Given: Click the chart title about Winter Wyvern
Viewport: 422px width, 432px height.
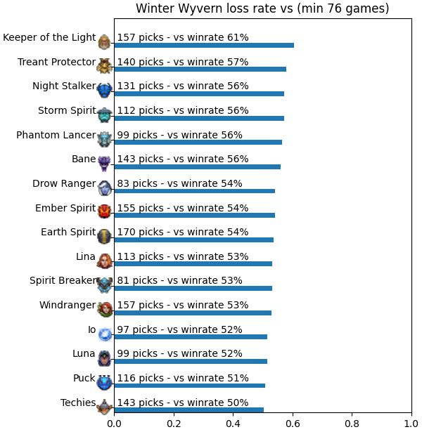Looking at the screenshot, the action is coord(262,8).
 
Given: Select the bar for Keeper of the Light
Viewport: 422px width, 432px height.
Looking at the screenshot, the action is coord(204,45).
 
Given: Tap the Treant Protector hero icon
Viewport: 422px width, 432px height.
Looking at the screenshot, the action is coord(105,65).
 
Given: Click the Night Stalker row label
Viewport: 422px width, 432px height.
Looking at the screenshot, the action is coord(64,86).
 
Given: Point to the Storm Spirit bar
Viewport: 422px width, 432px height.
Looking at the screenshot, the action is coord(199,119).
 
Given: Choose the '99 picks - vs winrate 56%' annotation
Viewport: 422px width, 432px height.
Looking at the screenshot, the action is coord(179,135).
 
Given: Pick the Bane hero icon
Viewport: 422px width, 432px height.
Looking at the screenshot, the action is coord(105,163).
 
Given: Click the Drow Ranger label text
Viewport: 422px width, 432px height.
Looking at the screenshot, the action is coord(64,183).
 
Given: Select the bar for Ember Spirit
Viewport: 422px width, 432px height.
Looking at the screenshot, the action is coord(195,216).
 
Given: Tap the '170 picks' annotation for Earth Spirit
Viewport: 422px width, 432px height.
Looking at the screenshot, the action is coord(183,232).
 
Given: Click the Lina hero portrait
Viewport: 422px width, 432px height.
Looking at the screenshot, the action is coord(105,261).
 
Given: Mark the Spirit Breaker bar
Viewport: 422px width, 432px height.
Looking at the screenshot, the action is coord(193,288).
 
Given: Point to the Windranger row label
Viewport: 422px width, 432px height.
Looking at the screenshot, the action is coord(68,305).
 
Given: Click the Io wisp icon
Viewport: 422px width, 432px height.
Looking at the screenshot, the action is coord(105,334).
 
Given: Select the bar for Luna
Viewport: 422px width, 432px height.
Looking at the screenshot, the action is coord(191,362).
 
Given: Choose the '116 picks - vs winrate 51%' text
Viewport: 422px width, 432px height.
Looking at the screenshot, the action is coord(183,378).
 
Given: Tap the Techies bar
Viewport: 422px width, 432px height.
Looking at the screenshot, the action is coord(189,410).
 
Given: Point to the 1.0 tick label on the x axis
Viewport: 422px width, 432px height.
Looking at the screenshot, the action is coord(411,424).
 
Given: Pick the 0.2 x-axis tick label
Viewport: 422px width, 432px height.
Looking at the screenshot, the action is coord(174,424).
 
